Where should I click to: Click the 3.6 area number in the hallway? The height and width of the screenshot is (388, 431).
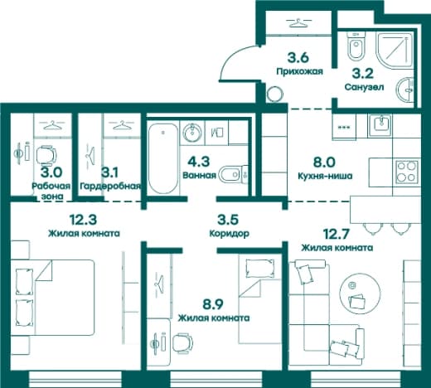click(x=298, y=58)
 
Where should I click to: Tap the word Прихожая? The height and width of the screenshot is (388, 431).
click(x=300, y=71)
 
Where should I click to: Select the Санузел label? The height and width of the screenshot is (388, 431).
click(x=364, y=87)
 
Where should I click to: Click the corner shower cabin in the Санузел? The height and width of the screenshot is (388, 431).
click(x=395, y=51)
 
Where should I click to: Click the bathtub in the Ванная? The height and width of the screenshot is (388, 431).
click(x=163, y=159)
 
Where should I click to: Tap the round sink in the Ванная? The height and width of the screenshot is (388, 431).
click(x=192, y=133)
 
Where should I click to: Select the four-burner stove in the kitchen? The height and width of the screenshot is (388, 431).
click(x=406, y=171)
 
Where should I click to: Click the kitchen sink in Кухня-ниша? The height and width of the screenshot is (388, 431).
click(x=382, y=125)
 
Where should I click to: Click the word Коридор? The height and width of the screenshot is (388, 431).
click(x=230, y=234)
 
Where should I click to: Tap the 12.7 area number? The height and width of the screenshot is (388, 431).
click(x=337, y=234)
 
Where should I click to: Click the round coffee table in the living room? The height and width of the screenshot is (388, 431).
click(x=360, y=293)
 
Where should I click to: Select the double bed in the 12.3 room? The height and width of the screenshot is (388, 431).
click(x=52, y=298)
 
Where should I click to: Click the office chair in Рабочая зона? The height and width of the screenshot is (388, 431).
click(x=46, y=155)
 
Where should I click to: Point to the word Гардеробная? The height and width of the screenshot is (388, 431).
click(x=110, y=187)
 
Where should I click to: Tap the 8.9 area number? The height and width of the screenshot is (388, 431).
click(x=213, y=304)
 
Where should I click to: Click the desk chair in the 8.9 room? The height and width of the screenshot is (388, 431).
click(x=182, y=343)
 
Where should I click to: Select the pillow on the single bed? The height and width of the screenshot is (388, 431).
click(x=259, y=268)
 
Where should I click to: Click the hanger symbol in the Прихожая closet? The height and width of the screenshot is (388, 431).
click(x=298, y=22)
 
